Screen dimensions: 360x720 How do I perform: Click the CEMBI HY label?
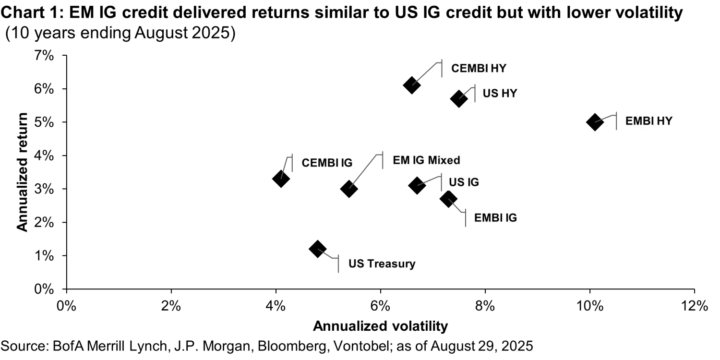click(x=478, y=69)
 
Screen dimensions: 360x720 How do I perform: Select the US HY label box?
click(x=499, y=93)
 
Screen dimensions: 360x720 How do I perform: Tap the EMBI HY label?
click(x=648, y=121)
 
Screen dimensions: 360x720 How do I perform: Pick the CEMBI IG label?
click(x=327, y=163)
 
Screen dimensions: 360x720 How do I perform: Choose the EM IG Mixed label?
click(x=426, y=160)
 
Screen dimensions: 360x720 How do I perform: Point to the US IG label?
click(x=464, y=182)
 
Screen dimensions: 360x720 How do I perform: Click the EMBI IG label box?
click(x=495, y=217)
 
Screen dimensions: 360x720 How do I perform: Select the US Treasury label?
click(x=382, y=264)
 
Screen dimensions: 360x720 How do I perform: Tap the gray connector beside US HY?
click(x=468, y=91)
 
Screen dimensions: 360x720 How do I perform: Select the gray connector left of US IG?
click(x=431, y=181)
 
